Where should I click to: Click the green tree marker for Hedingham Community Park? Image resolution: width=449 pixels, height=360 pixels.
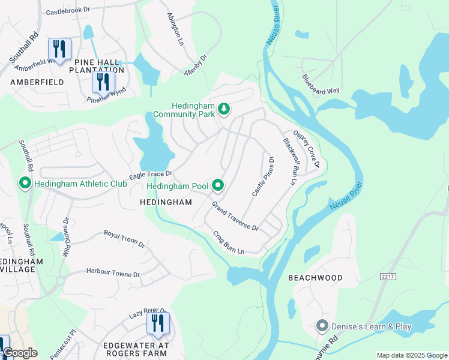(x=224, y=109)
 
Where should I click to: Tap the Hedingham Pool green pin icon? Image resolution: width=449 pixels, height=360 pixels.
(x=217, y=186)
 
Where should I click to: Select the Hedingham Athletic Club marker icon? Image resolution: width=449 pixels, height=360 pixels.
(x=25, y=183)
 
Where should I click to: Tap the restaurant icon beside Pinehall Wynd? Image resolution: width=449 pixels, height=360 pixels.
(x=103, y=81)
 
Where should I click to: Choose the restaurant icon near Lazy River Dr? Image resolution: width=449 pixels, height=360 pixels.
(x=158, y=323)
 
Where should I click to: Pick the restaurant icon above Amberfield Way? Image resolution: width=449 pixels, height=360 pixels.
(x=59, y=48)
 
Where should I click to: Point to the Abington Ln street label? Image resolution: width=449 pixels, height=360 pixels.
(x=174, y=29)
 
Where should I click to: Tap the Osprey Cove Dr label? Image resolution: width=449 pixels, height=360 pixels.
(x=306, y=149)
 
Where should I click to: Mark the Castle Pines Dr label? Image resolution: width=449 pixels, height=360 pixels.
(x=263, y=177)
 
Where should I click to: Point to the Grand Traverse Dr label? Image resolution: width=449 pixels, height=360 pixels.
(x=234, y=216)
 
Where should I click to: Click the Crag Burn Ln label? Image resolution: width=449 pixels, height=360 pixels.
(x=229, y=242)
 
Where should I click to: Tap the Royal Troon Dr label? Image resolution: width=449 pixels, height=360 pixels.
(x=124, y=238)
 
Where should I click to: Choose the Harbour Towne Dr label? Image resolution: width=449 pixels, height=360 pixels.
(x=113, y=273)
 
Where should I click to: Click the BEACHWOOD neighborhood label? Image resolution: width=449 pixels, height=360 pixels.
(x=315, y=278)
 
